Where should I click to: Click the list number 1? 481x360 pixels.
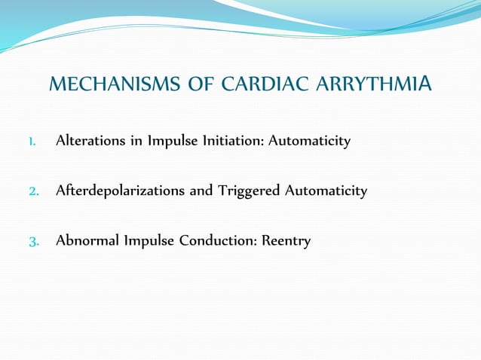point(32,142)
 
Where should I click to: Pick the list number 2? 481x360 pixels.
point(33,191)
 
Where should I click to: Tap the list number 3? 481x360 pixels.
point(33,242)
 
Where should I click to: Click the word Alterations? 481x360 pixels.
point(89,141)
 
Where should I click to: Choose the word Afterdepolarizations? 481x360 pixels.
point(120,191)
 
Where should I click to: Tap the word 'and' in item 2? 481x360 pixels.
point(201,191)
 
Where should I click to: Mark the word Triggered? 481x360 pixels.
point(248,191)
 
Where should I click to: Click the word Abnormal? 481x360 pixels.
point(84,242)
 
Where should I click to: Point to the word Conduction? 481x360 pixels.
point(216,242)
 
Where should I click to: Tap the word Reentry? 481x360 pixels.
point(286,242)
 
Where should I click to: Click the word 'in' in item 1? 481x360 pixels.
point(133,141)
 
